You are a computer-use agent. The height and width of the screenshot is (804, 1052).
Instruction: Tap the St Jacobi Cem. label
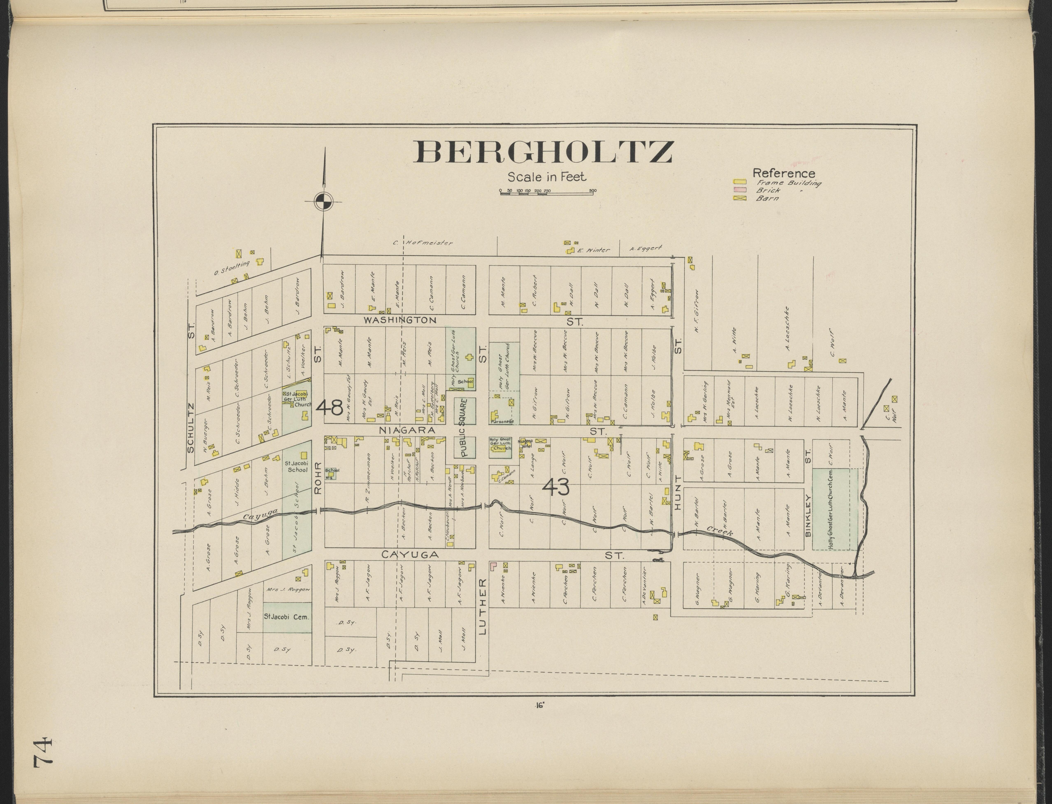(x=286, y=617)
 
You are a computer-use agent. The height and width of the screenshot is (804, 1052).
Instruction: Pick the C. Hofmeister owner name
(x=423, y=243)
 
